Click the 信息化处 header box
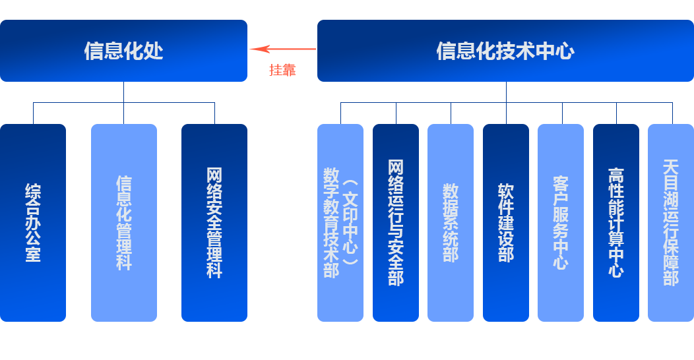coord(123,51)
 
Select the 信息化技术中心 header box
coord(505,51)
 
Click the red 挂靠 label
coord(282,70)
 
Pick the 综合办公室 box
coord(33,222)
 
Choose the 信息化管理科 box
coord(123,222)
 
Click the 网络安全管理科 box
coord(214,222)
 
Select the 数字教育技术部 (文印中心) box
coord(340,222)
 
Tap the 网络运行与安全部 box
coord(396,222)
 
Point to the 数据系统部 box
coord(451,222)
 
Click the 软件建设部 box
coord(506,222)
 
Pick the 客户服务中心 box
coord(561,222)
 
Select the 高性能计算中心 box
coord(616,222)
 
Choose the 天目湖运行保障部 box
coord(671,222)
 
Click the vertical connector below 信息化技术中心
coord(506,92)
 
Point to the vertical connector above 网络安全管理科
coord(214,113)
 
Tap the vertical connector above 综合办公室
coord(33,113)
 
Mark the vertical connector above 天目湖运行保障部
coord(672,113)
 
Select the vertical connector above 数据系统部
coord(451,113)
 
